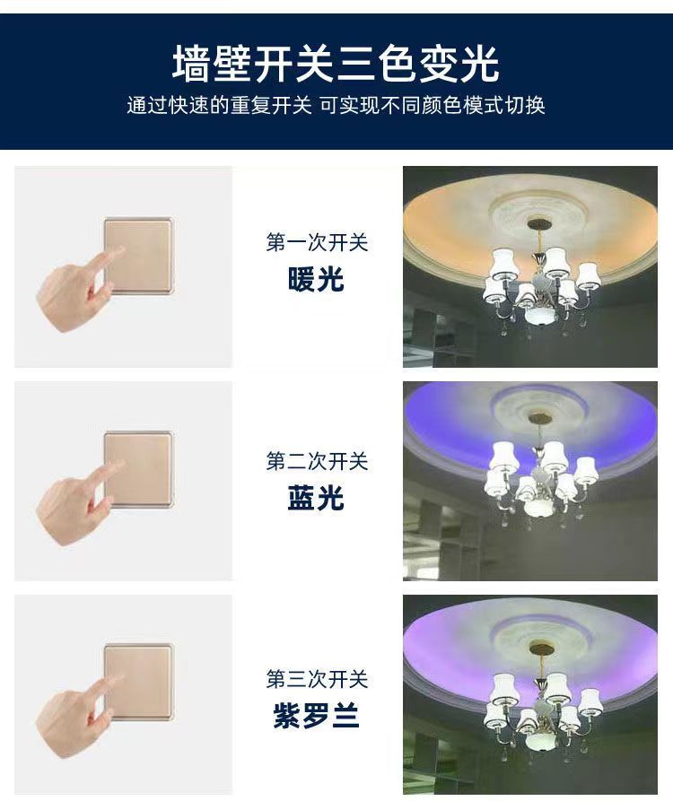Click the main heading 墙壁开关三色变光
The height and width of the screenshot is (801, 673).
tap(336, 64)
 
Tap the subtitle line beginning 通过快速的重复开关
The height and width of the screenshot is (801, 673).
tap(336, 105)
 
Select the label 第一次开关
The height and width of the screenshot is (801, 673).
tap(317, 242)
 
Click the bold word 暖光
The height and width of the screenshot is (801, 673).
tap(316, 279)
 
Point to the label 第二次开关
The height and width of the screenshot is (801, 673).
tap(317, 461)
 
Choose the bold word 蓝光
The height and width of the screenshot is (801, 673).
tap(316, 498)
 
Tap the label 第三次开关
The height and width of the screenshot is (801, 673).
tap(317, 679)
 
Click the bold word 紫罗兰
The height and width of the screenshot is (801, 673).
tap(316, 716)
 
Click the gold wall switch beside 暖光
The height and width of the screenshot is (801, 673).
tap(139, 256)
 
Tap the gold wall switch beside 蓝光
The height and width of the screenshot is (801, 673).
tap(139, 470)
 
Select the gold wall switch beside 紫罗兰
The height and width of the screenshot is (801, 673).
tap(139, 683)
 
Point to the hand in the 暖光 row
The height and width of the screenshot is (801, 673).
tap(76, 292)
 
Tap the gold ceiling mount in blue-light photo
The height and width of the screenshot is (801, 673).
tap(540, 417)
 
